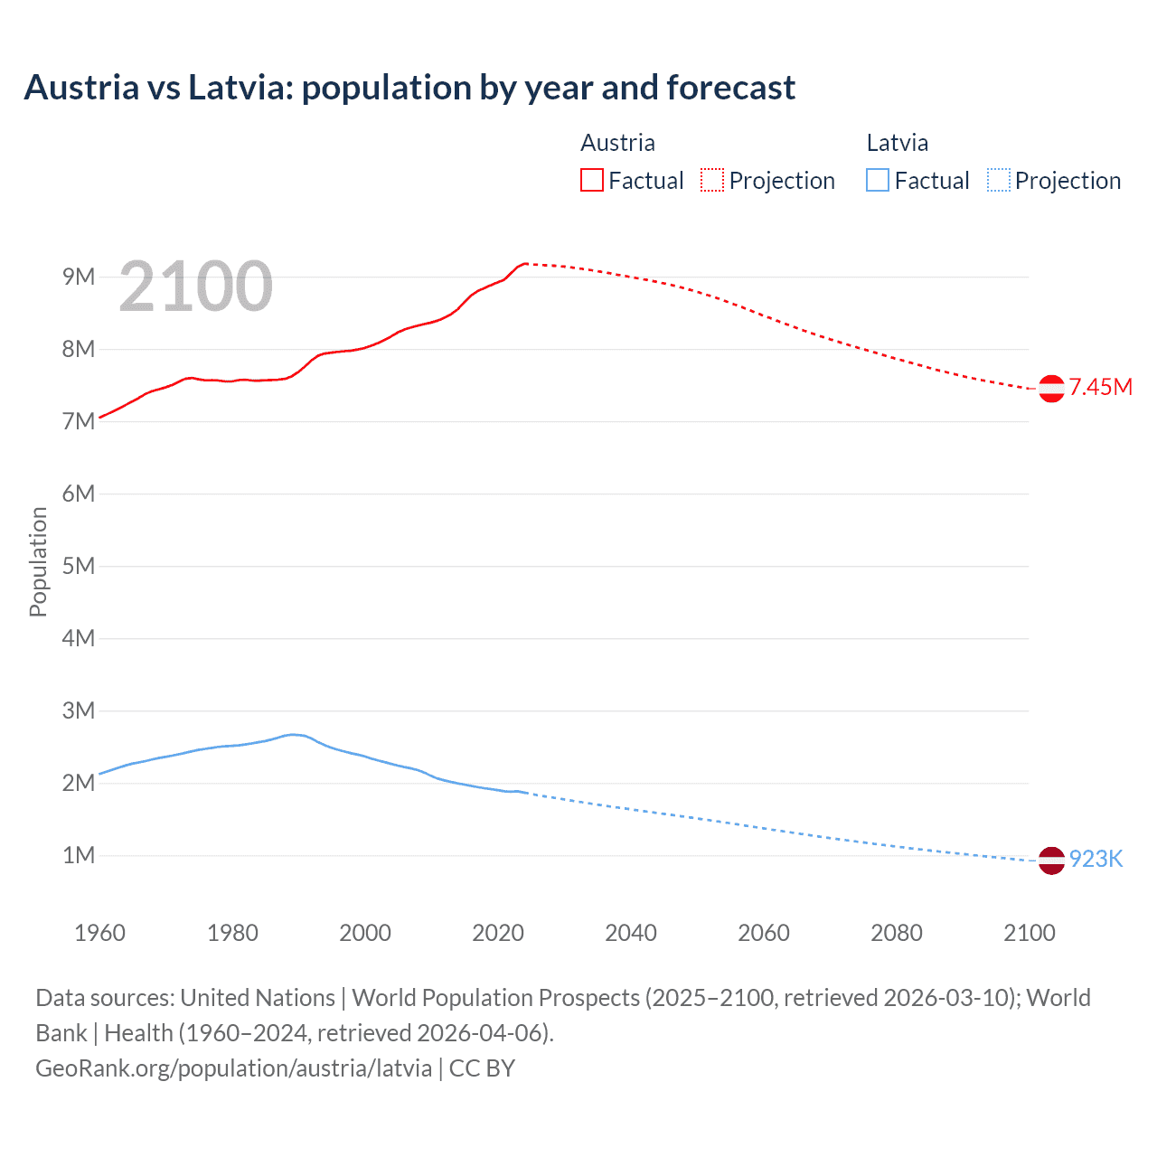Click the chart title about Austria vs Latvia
(x=409, y=88)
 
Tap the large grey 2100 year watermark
(x=195, y=287)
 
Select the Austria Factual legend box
(x=591, y=180)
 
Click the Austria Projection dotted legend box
(x=712, y=180)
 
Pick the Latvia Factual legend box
(x=877, y=180)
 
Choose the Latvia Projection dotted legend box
(x=999, y=180)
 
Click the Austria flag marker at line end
(x=1051, y=389)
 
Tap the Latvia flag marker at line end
(x=1051, y=861)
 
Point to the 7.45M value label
(x=1100, y=388)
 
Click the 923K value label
(x=1096, y=860)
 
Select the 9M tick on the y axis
(x=79, y=277)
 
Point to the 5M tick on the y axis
(x=79, y=566)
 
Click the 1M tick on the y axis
(x=79, y=855)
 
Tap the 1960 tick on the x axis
(x=99, y=933)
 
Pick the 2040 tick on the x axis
(x=631, y=933)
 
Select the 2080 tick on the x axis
(x=897, y=933)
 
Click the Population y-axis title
(x=38, y=561)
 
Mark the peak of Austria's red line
(x=525, y=264)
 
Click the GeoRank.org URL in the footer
(x=233, y=1068)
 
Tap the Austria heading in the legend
(x=617, y=143)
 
